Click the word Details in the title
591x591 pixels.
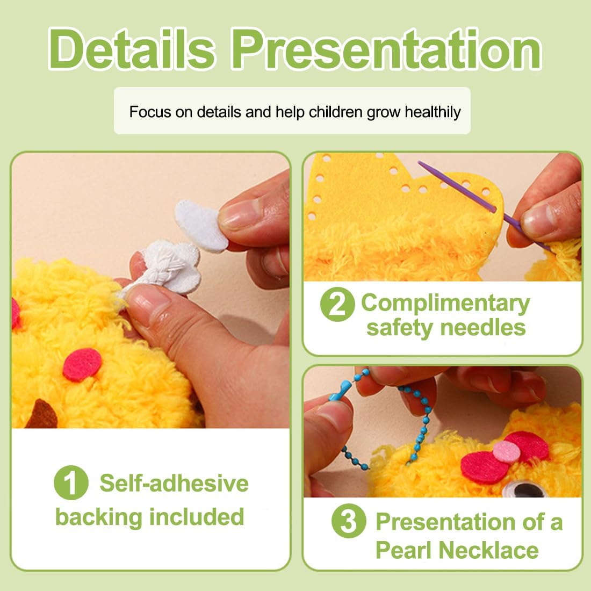(132, 49)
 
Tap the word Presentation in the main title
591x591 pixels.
(387, 49)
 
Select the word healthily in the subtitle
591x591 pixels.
(433, 112)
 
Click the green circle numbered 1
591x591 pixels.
(71, 483)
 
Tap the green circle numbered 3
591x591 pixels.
(349, 521)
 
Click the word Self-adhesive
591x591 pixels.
(174, 483)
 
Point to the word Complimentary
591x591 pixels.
(445, 304)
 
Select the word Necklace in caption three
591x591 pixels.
(489, 550)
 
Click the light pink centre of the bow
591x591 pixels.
(507, 451)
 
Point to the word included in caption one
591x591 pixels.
(197, 516)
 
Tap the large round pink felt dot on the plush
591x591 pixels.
(82, 364)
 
